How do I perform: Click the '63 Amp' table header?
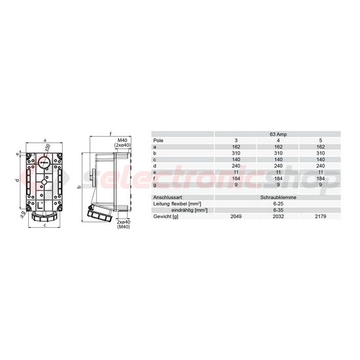pos(277,134)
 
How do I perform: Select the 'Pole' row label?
pos(158,141)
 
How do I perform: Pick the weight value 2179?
pos(319,215)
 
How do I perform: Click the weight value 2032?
pos(278,215)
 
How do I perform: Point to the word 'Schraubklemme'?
pos(278,196)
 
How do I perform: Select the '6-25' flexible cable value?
pos(278,203)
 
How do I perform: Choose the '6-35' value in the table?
pos(278,209)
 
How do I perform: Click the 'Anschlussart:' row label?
pos(168,196)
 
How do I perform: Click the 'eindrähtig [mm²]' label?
pos(190,209)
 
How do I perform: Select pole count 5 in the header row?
pos(319,141)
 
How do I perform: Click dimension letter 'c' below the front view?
pos(45,226)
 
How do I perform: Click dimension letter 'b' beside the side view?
pos(79,187)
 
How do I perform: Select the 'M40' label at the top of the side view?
pos(122,140)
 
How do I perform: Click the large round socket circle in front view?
pos(45,164)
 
